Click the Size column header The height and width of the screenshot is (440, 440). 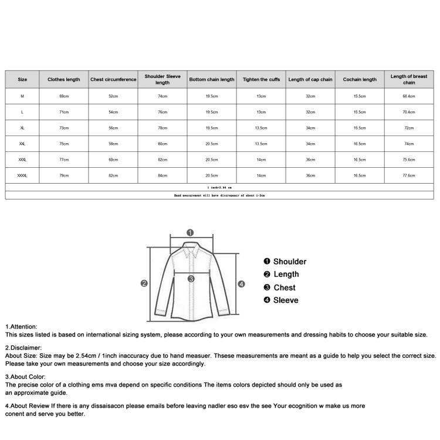point(23,79)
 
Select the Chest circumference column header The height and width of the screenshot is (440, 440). point(113,79)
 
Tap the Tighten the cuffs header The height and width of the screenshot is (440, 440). point(261,79)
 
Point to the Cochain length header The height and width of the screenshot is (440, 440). point(360,79)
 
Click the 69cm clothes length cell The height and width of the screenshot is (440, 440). point(64,96)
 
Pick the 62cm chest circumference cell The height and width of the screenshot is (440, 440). point(113,175)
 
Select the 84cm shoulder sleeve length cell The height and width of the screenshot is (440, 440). point(163,175)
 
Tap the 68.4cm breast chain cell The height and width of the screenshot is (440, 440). point(409,96)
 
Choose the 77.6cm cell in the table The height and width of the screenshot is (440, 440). point(409,175)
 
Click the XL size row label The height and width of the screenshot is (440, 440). point(23,127)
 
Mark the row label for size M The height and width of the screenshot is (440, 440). point(23,96)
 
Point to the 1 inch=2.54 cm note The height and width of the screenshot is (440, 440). point(219,187)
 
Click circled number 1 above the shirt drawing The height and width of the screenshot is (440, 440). point(190,232)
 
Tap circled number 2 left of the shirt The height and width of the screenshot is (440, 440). point(144,283)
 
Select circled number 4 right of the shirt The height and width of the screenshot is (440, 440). point(241,284)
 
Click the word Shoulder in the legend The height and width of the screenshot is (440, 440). point(289,262)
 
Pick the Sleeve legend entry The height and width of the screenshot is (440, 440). point(285,300)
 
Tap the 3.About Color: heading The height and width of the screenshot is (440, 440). point(25,377)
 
